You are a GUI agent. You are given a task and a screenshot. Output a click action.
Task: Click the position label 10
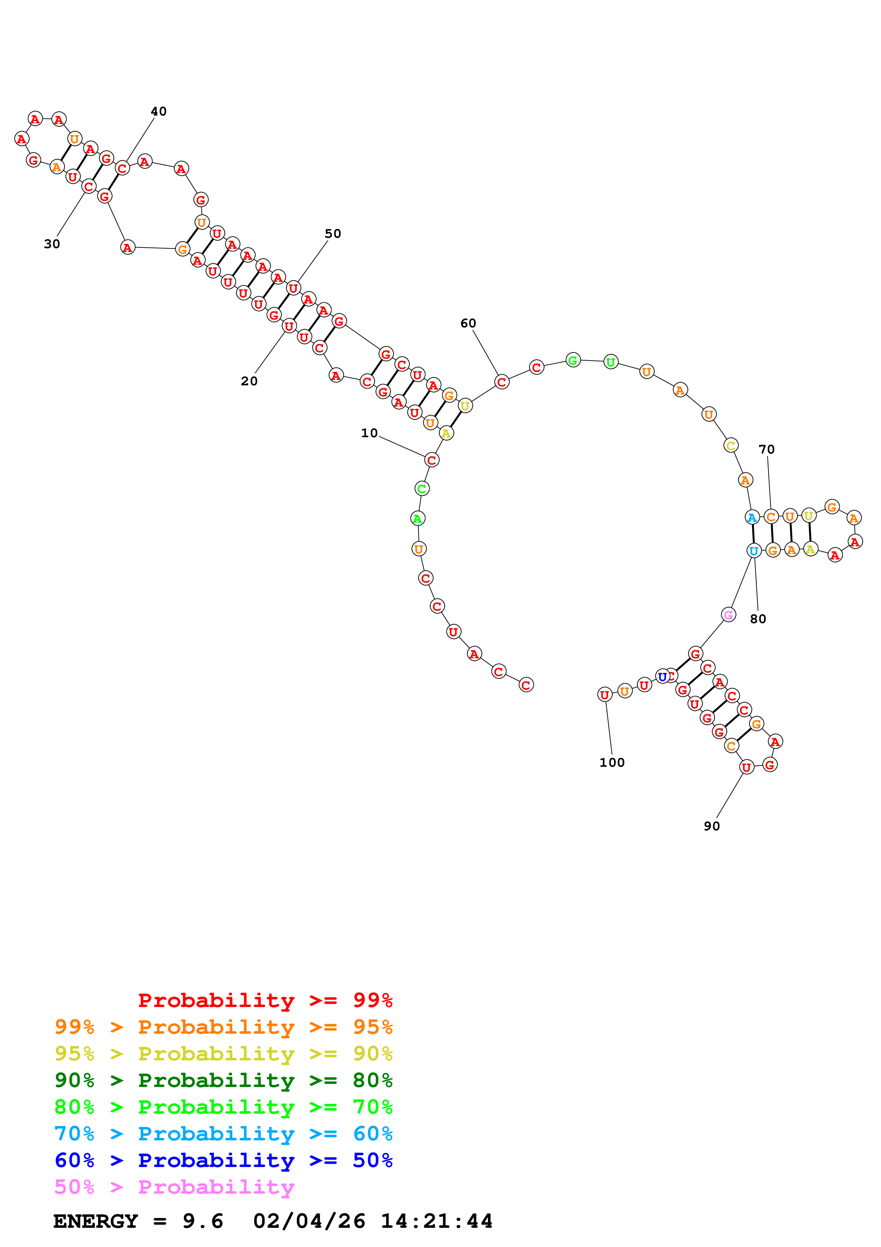[x=369, y=433]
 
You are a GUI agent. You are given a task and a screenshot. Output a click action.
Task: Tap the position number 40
[x=159, y=111]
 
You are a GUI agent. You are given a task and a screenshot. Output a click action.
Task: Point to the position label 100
[x=612, y=762]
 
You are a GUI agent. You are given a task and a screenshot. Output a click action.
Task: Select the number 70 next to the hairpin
[x=767, y=449]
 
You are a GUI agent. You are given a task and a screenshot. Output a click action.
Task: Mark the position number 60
[x=468, y=323]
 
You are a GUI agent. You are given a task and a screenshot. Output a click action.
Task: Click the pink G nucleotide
[x=729, y=615]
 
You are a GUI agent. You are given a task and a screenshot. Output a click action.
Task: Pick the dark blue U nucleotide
[x=662, y=677]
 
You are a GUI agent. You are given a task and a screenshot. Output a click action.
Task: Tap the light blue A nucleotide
[x=752, y=517]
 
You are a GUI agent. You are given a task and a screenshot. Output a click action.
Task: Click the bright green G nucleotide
[x=573, y=360]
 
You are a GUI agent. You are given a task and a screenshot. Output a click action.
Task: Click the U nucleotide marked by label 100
[x=604, y=694]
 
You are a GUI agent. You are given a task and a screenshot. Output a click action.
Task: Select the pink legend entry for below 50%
[x=174, y=1187]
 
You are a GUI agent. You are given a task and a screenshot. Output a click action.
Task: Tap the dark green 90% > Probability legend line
[x=223, y=1080]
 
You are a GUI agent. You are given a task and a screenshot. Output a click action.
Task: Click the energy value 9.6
[x=203, y=1221]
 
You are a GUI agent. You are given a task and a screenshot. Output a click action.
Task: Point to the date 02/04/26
[x=309, y=1221]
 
